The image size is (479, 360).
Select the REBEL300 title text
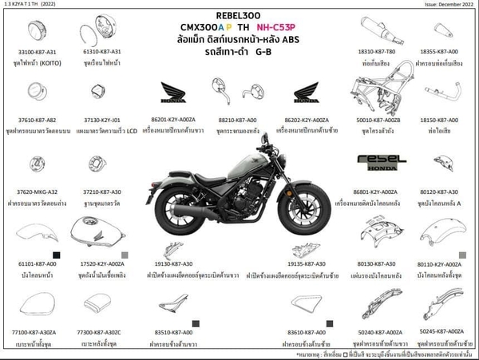pos(239,15)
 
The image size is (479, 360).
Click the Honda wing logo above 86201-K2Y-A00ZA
pos(173,95)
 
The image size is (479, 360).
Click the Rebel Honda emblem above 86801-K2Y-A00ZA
pos(377,163)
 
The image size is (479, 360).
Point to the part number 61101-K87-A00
pos(37,263)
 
